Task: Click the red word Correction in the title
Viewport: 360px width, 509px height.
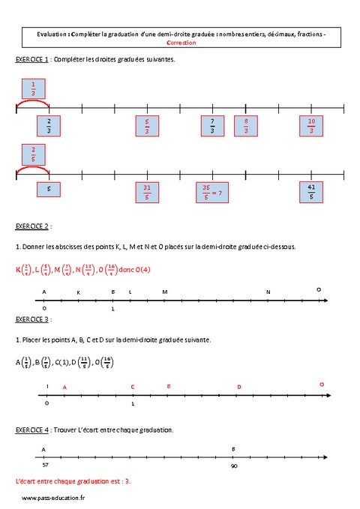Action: tap(180, 43)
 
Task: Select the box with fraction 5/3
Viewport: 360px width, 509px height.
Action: tap(147, 126)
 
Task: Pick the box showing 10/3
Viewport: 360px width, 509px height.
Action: tap(310, 126)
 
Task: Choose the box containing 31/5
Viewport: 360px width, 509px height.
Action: tap(147, 193)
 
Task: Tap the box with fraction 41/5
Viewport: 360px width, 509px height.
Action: tap(310, 193)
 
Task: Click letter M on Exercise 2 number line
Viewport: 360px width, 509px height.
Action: tap(165, 292)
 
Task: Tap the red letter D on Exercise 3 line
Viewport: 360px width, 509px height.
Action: tap(239, 387)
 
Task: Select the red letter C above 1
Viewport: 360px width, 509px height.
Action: tap(133, 387)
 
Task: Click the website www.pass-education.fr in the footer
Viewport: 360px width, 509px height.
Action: tap(53, 498)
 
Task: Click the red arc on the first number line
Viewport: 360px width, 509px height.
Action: tap(34, 105)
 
